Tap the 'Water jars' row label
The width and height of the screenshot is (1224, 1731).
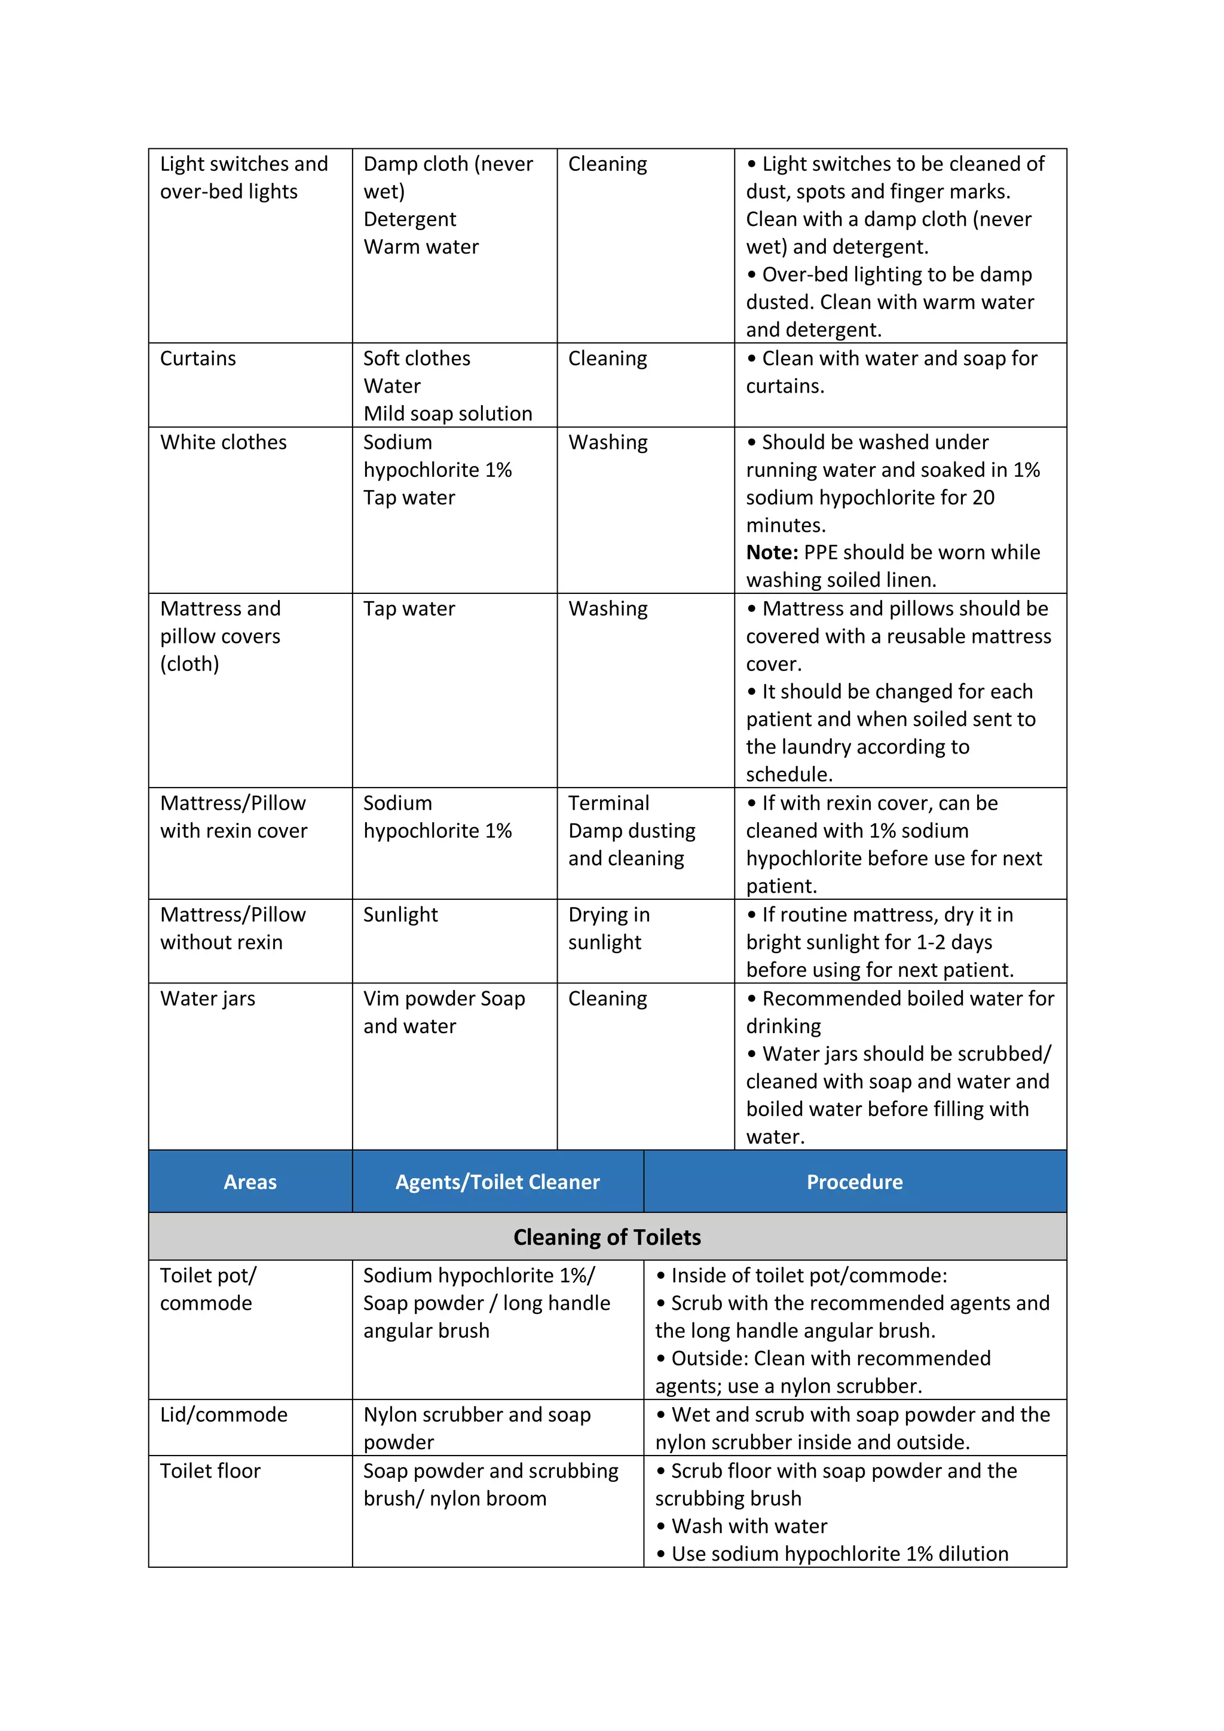pyautogui.click(x=207, y=998)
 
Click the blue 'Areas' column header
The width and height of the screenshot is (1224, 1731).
pyautogui.click(x=250, y=1181)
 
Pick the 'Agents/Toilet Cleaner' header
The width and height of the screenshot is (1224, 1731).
pyautogui.click(x=497, y=1181)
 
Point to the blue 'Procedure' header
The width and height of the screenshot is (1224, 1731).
pyautogui.click(x=855, y=1181)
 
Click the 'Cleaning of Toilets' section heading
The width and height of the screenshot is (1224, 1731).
pyautogui.click(x=607, y=1237)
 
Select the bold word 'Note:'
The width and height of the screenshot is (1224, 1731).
pyautogui.click(x=772, y=553)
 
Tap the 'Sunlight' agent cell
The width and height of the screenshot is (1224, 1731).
pyautogui.click(x=400, y=915)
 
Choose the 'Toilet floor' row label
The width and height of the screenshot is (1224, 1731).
pyautogui.click(x=210, y=1471)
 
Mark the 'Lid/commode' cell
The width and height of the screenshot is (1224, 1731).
pyautogui.click(x=224, y=1414)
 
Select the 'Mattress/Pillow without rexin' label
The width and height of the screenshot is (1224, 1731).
pyautogui.click(x=232, y=928)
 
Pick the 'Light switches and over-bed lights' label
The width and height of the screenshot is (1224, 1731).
pyautogui.click(x=244, y=177)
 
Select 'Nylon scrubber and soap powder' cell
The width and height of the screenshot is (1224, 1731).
pyautogui.click(x=476, y=1428)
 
